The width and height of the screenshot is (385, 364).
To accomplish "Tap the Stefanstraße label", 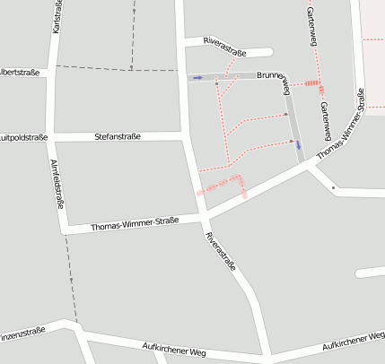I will [118, 137].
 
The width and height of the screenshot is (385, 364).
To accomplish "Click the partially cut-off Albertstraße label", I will [20, 73].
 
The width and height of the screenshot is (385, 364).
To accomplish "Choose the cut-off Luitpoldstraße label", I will [23, 137].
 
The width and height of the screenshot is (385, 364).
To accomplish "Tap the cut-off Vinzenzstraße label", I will [22, 333].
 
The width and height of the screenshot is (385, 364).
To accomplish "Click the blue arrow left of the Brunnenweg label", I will [196, 78].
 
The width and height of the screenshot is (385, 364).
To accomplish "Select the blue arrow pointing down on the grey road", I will [298, 144].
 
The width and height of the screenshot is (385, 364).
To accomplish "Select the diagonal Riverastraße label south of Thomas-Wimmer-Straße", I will [221, 252].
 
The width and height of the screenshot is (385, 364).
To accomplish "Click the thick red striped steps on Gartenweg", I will [312, 84].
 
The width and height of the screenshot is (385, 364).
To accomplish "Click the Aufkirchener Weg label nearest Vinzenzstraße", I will [174, 348].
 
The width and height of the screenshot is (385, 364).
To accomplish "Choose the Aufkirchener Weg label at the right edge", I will [353, 342].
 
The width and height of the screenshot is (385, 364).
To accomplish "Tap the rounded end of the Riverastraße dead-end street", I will [267, 52].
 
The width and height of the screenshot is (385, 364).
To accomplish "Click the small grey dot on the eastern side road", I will [333, 188].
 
